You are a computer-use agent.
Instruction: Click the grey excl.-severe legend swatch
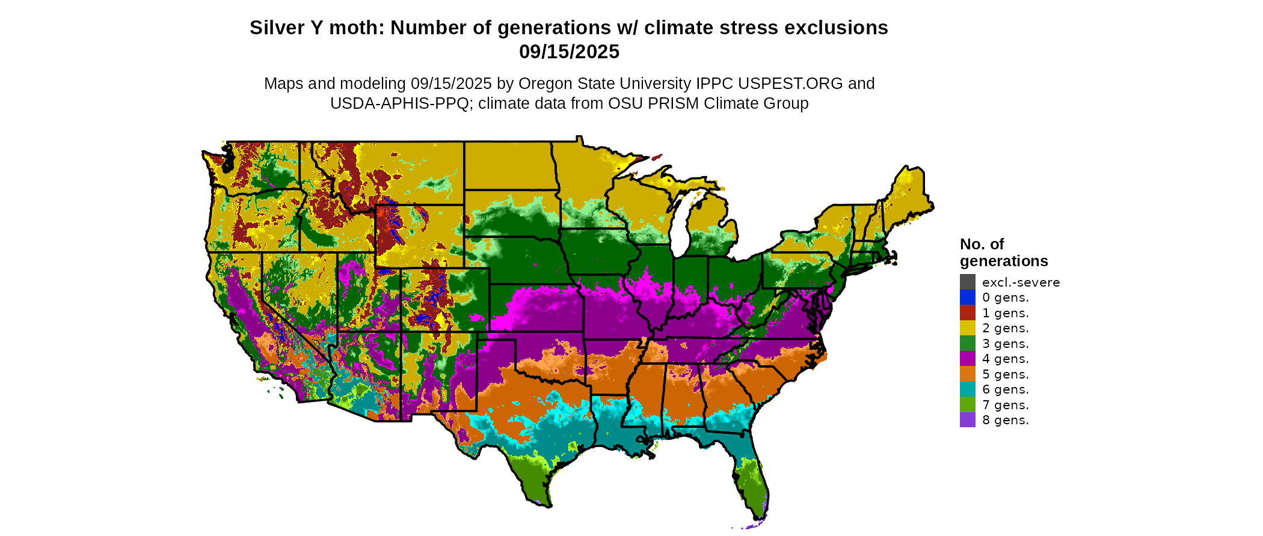click(x=967, y=282)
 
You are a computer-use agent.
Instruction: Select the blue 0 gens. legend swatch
click(x=967, y=297)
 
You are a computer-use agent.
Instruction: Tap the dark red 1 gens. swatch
click(x=967, y=312)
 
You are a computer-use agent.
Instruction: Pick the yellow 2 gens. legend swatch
click(x=967, y=328)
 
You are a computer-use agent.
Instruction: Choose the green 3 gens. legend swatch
click(x=967, y=343)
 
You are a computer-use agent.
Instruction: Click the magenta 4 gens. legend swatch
click(x=967, y=359)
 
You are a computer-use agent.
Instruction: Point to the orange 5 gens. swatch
click(x=967, y=374)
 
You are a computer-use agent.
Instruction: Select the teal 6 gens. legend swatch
click(x=967, y=389)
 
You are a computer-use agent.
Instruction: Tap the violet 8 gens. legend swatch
click(x=967, y=420)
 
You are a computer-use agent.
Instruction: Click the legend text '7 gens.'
click(x=1005, y=405)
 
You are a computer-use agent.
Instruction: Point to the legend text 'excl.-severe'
click(x=1021, y=282)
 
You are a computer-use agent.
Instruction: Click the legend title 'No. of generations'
click(x=1003, y=252)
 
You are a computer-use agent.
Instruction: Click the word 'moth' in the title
click(x=363, y=28)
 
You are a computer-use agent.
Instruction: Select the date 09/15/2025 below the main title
click(x=569, y=52)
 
